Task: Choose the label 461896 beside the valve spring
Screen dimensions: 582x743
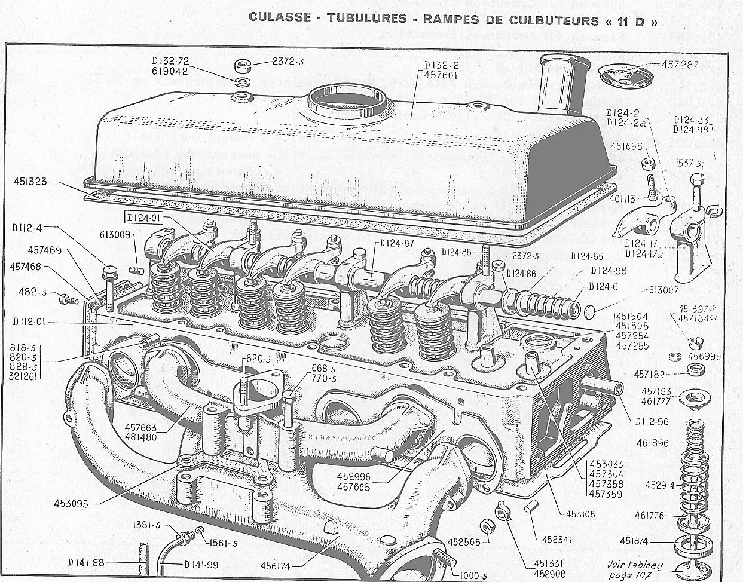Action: click(652, 443)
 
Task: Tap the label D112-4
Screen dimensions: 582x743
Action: click(26, 227)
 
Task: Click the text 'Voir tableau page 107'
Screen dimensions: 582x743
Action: click(635, 569)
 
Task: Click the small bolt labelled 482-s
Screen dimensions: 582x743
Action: click(68, 296)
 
